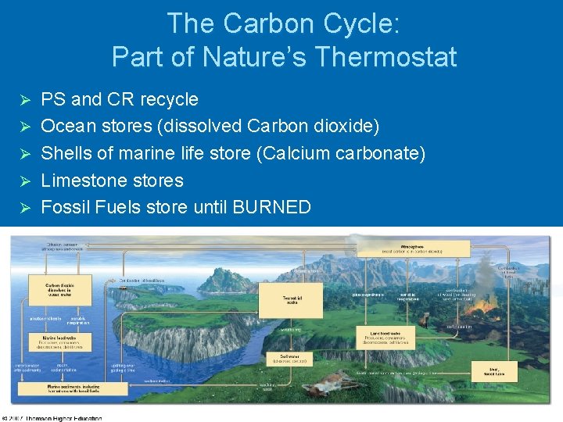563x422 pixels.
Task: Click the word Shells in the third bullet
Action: (x=66, y=153)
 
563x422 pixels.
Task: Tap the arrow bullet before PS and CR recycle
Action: (x=24, y=100)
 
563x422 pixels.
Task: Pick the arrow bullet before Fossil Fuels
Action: (x=24, y=208)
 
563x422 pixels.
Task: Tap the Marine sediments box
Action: (x=62, y=388)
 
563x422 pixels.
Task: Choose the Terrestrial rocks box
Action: (x=290, y=300)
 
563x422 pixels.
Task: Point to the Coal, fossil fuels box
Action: (x=494, y=372)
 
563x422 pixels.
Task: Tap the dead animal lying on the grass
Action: (x=324, y=382)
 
